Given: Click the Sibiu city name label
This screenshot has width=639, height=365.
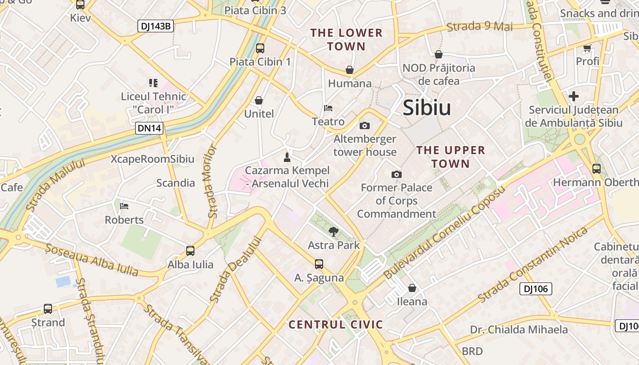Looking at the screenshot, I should [427, 108].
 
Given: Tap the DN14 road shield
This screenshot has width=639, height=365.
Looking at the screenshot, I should [149, 128].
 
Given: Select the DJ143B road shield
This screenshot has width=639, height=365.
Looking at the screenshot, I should [155, 26].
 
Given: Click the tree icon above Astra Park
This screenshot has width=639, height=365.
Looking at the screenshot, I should [334, 232].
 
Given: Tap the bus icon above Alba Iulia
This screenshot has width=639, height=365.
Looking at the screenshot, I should [190, 251].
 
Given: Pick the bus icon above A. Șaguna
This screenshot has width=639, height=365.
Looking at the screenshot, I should [319, 264].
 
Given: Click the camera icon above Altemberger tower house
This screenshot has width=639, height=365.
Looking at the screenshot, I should [365, 125].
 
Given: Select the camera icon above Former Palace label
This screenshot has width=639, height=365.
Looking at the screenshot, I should [397, 174].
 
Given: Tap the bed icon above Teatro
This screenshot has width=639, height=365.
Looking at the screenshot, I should [328, 109].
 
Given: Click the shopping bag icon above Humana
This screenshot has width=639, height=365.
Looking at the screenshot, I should [350, 70].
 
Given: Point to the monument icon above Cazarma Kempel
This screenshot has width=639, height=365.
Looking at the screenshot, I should [287, 157].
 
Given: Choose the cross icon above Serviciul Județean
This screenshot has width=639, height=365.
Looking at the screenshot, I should [574, 96].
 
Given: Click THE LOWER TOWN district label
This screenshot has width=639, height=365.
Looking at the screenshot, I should [346, 39].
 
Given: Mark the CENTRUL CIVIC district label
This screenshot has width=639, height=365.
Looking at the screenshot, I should [335, 324].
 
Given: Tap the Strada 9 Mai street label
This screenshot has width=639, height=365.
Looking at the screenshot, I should [480, 26].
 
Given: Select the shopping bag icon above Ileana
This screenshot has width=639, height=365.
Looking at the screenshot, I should [412, 288].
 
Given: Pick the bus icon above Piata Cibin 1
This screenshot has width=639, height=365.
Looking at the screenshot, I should [260, 48].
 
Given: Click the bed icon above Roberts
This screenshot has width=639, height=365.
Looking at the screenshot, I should [124, 206].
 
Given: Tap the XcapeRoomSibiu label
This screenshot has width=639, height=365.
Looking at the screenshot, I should [152, 159].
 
